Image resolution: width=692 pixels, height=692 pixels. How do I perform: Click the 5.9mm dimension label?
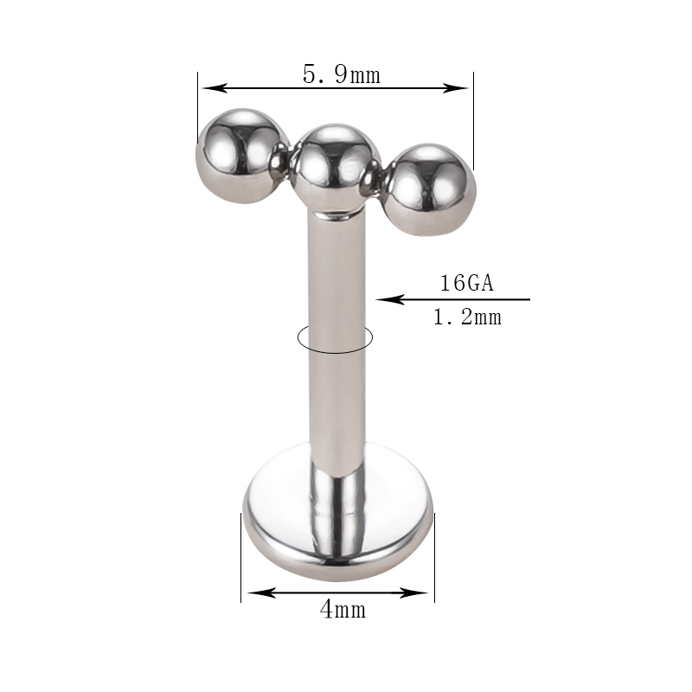341,74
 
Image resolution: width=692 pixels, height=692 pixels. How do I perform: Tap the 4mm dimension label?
343,610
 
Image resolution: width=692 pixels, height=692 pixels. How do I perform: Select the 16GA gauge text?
467,283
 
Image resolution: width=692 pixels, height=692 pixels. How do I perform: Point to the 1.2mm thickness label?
467,317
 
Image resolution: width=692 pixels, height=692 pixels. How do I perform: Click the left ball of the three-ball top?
242,156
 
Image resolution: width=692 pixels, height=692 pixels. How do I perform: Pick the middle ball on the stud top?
336,168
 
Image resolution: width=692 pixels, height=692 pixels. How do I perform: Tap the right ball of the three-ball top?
432,189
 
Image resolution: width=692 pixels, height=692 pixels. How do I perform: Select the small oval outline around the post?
336,352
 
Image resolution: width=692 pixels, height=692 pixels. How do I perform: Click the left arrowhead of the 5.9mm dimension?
214,88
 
